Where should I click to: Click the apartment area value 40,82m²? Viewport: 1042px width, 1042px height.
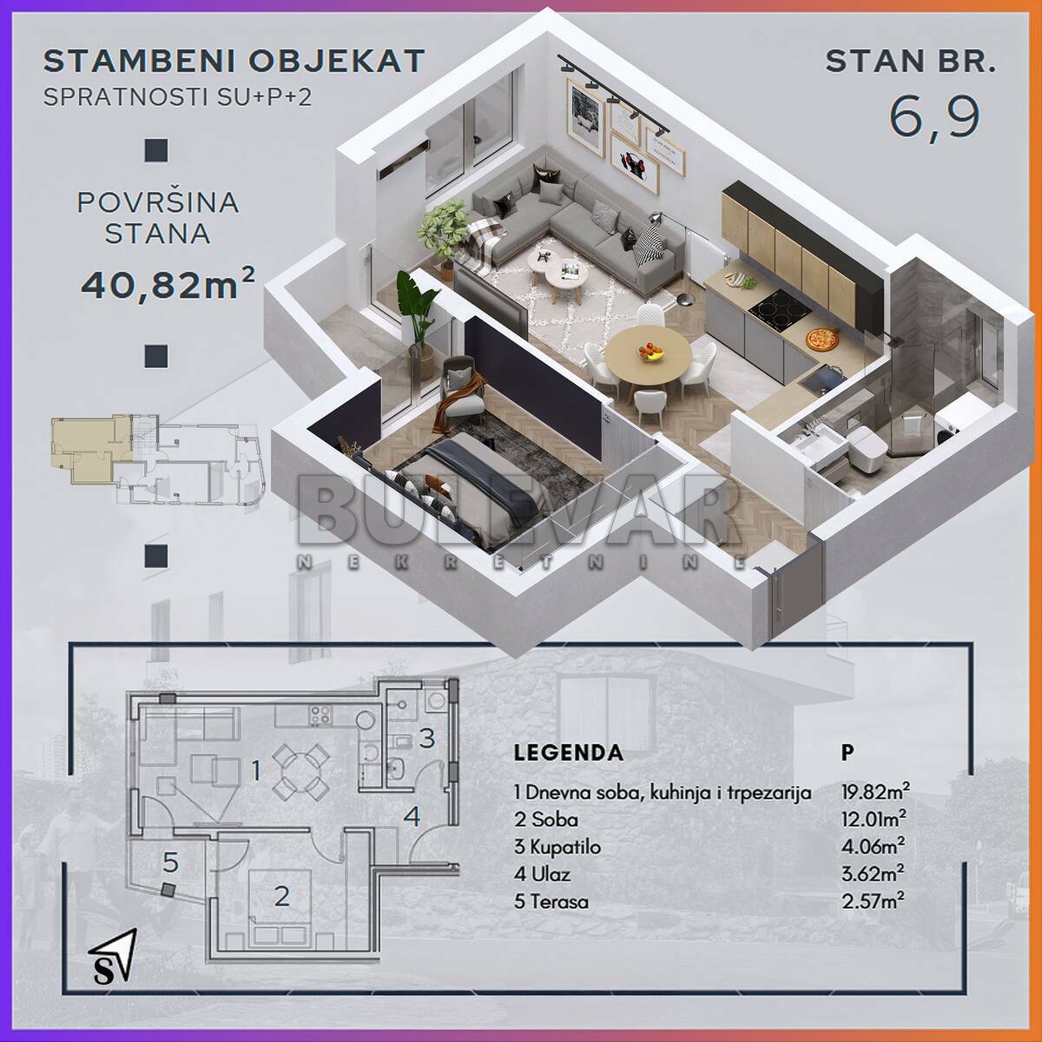click(168, 285)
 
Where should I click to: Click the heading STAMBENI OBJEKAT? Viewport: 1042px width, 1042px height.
click(234, 61)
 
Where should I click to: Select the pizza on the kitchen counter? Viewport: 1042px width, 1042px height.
click(821, 340)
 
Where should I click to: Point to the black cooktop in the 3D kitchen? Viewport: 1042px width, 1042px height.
click(781, 309)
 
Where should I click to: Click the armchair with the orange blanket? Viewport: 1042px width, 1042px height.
click(461, 391)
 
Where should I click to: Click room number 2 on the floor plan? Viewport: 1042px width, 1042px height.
click(281, 897)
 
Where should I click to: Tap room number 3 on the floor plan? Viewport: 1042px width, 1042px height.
click(426, 738)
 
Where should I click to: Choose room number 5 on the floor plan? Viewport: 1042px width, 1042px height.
click(170, 862)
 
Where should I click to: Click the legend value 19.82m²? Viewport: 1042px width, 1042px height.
click(875, 792)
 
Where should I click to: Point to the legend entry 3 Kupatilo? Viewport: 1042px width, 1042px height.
click(557, 847)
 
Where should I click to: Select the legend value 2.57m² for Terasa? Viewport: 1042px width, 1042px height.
click(873, 900)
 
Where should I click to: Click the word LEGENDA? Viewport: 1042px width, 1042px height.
click(568, 753)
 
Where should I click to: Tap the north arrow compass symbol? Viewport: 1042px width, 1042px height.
click(113, 956)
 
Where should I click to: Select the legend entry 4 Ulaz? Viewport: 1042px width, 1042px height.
click(543, 874)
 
